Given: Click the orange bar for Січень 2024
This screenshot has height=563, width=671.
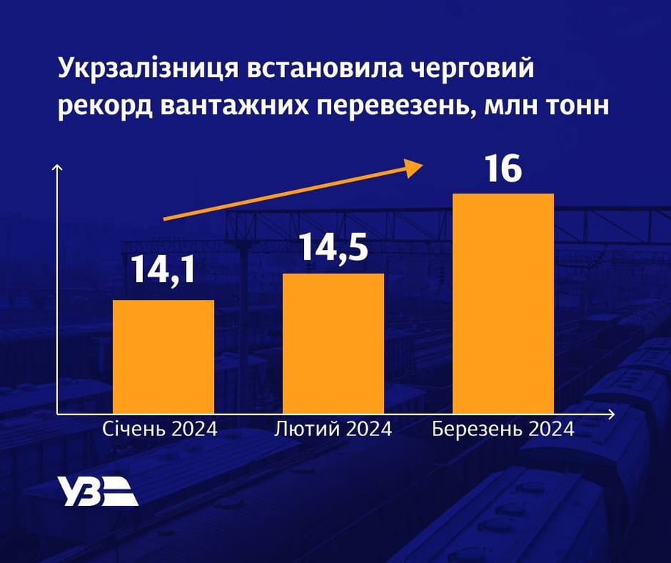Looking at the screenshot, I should pos(163,356).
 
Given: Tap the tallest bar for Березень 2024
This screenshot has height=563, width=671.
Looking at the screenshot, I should pos(503,303).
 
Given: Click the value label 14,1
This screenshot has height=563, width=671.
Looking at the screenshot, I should pos(163,269).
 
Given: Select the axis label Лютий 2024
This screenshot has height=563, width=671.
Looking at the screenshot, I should pos(333,429).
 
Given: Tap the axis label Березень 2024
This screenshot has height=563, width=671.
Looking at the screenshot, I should pos(503,429).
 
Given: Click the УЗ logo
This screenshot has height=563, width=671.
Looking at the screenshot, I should pos(97,491).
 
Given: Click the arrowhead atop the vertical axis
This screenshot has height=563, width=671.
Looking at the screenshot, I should pos(57,170).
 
